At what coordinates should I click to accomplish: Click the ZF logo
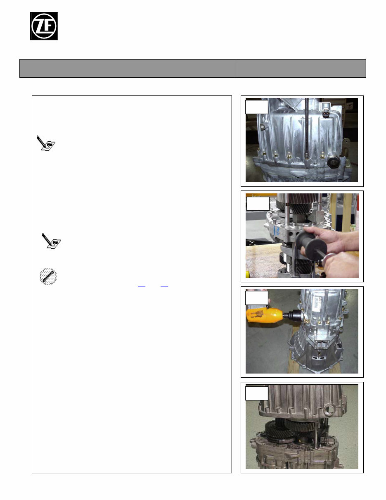[x=44, y=26]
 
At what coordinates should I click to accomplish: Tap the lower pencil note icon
[x=52, y=240]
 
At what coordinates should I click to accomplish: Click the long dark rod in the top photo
[x=308, y=132]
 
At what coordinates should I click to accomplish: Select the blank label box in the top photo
[x=256, y=107]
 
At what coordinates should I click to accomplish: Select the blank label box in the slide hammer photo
[x=258, y=203]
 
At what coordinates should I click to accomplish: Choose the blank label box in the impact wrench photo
[x=256, y=298]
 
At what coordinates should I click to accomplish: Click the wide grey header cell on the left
[x=128, y=68]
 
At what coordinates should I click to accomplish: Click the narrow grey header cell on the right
[x=301, y=68]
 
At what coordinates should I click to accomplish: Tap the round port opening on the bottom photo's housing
[x=330, y=411]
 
